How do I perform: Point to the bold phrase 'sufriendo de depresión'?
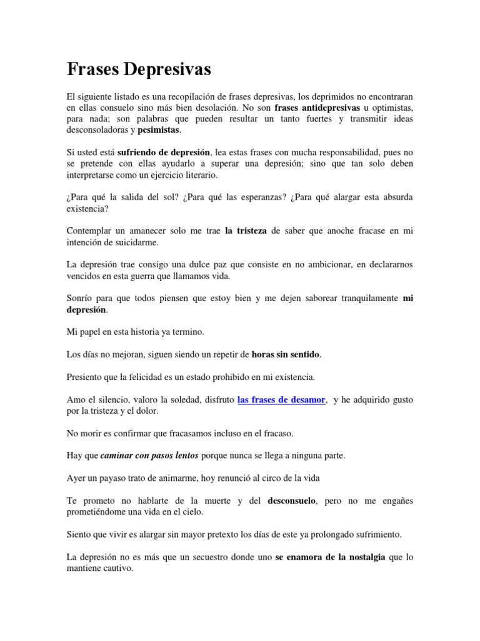pyautogui.click(x=164, y=152)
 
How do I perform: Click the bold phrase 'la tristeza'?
pyautogui.click(x=246, y=230)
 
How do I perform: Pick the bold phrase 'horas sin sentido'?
pyautogui.click(x=286, y=355)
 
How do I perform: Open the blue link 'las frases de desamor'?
pyautogui.click(x=282, y=399)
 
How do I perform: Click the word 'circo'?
pyautogui.click(x=284, y=478)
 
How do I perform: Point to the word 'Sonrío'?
pyautogui.click(x=79, y=298)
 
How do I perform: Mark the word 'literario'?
pyautogui.click(x=197, y=175)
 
